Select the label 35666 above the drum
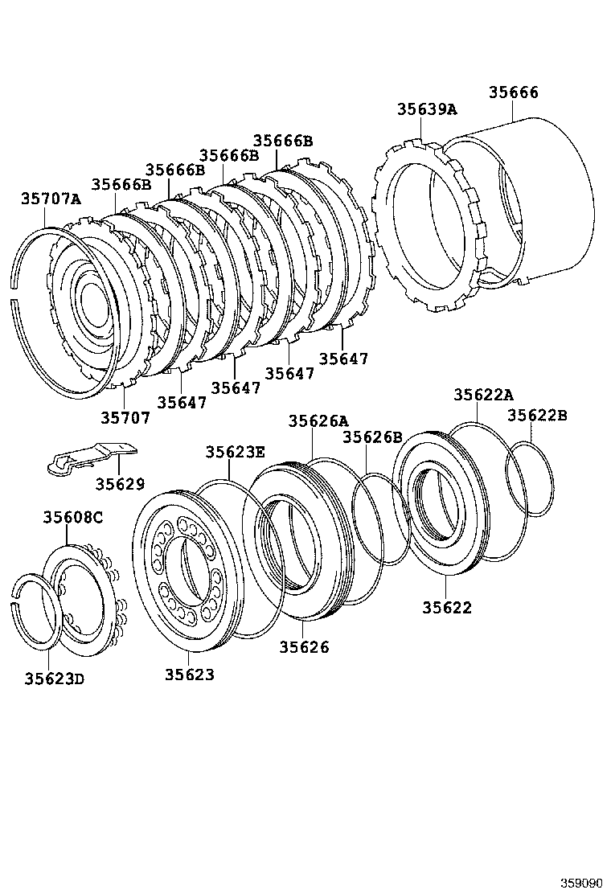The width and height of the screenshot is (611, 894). click(x=514, y=92)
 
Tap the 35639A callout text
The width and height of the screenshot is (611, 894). click(x=426, y=110)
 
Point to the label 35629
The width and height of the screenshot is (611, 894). click(x=120, y=483)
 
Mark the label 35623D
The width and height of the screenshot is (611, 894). click(x=54, y=679)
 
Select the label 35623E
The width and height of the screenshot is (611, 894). click(x=235, y=452)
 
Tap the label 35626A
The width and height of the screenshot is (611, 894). click(x=318, y=421)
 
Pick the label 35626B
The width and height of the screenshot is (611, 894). click(x=372, y=437)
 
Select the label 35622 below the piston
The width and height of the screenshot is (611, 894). click(x=447, y=607)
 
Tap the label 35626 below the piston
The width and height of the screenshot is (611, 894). click(x=304, y=646)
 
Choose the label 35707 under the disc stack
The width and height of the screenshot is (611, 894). click(x=125, y=417)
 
